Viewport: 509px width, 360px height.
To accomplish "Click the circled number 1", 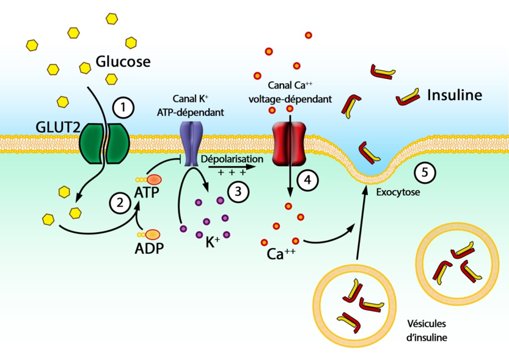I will tap(123, 109).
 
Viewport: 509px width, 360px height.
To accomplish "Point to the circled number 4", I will tap(308, 180).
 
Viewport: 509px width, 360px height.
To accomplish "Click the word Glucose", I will tap(123, 62).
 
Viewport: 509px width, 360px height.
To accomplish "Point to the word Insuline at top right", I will tap(455, 95).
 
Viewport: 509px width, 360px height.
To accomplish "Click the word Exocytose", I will tap(397, 193).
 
